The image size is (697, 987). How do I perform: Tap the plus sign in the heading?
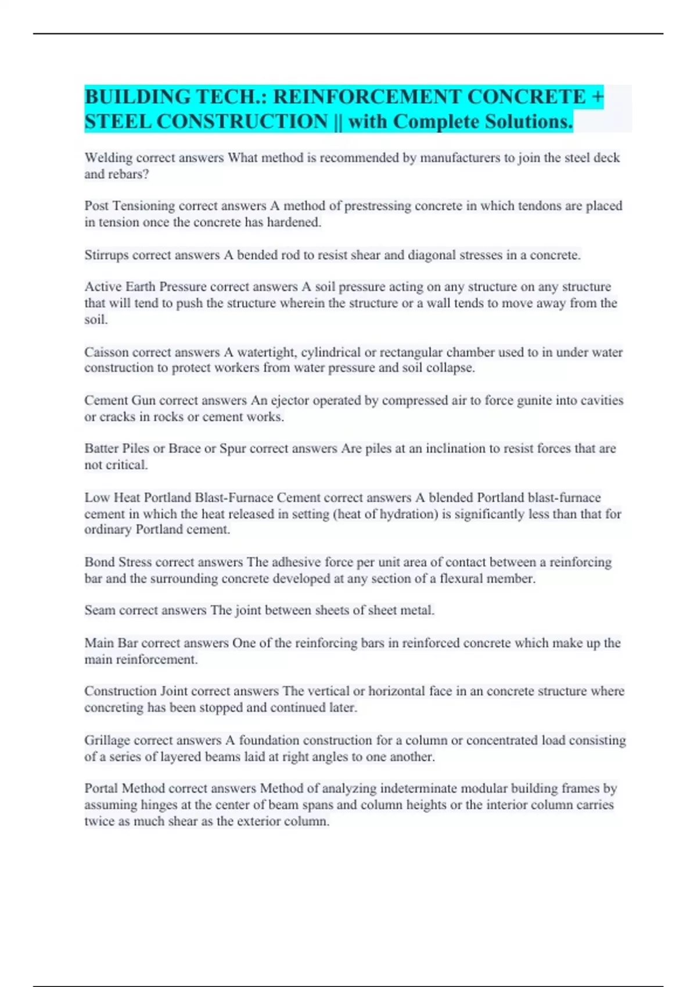pos(598,96)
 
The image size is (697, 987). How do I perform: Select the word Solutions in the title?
pos(529,121)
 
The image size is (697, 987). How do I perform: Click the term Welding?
pos(108,158)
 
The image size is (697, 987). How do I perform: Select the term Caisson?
pos(106,352)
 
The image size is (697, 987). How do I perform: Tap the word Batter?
pos(102,448)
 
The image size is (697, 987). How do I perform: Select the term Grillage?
pos(107,740)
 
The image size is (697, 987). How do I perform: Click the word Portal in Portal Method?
pos(101,788)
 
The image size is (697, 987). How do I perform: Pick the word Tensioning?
pos(143,206)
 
